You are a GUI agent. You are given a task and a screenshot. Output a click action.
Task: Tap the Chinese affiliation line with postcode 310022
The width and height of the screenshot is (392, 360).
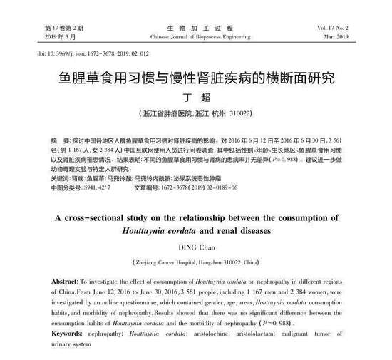pyautogui.click(x=195, y=113)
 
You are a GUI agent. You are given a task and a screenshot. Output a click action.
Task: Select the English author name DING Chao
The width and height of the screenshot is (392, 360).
pyautogui.click(x=195, y=247)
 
